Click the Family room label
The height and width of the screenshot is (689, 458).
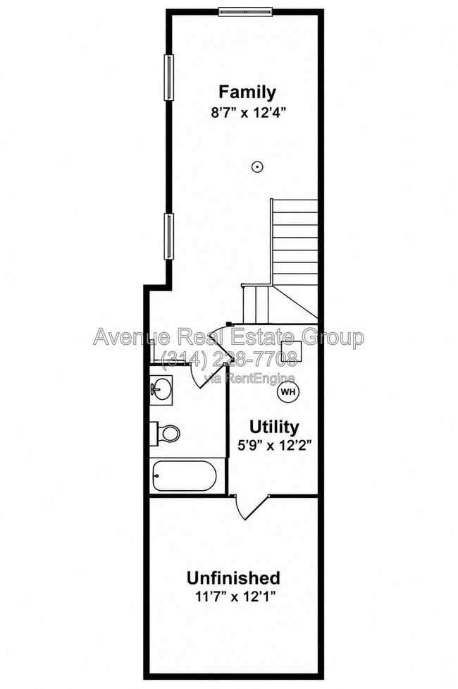coord(247,92)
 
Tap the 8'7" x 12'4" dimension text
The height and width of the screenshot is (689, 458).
coord(249,113)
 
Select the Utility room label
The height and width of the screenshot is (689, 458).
coord(275,427)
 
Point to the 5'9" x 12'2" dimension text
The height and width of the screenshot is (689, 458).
coord(275,446)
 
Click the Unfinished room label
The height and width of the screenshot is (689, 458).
coord(233,578)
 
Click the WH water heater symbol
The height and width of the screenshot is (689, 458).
coord(287,391)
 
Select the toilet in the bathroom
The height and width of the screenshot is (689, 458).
coord(165,433)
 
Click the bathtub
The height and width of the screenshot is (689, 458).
coord(185,475)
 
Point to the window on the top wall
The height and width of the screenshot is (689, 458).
coord(245,12)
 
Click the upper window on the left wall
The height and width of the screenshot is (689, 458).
coord(168,78)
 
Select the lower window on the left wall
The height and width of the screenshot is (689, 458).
coord(168,236)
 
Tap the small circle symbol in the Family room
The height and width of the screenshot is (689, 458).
coord(257,166)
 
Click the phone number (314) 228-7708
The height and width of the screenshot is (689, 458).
coord(228,360)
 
